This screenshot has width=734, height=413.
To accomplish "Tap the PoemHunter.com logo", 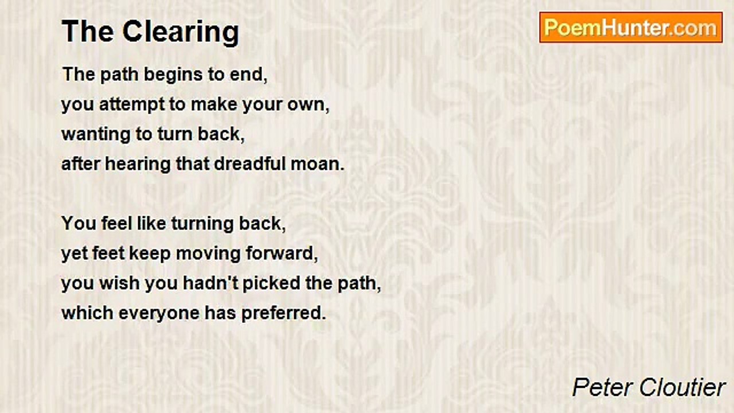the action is [x=631, y=28].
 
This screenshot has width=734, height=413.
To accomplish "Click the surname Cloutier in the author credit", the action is [x=682, y=387].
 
